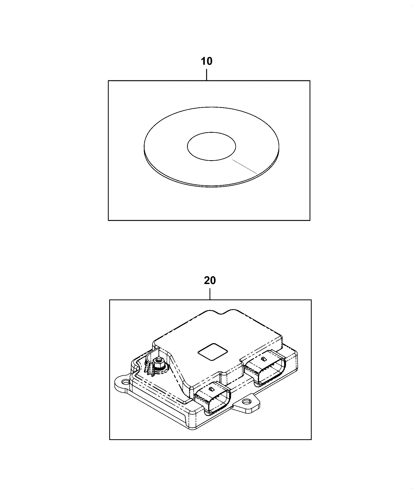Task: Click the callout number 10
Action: [x=207, y=61]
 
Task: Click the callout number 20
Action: [x=210, y=280]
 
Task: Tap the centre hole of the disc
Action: [x=211, y=146]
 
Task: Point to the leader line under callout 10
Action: [x=207, y=75]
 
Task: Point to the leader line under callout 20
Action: [x=210, y=294]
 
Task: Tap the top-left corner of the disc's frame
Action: [x=108, y=81]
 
